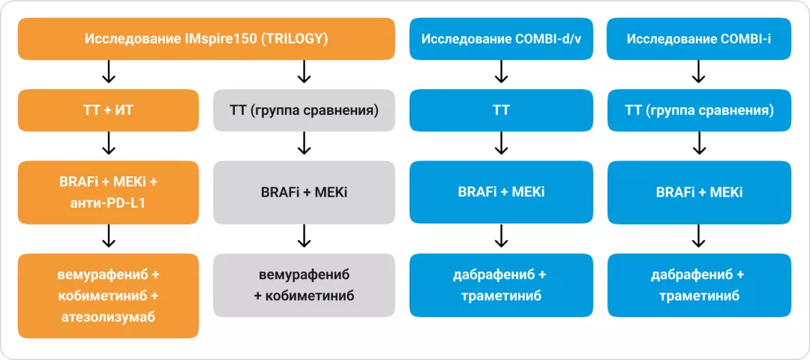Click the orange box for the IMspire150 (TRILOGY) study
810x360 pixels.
tap(206, 39)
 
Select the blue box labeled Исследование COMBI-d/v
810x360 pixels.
tap(502, 39)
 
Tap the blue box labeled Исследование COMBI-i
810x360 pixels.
tap(699, 39)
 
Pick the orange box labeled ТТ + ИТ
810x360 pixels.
tap(108, 110)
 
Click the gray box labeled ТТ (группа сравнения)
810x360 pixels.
tap(304, 110)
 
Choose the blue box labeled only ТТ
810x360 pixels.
tap(502, 110)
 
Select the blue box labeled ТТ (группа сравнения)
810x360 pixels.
tap(699, 110)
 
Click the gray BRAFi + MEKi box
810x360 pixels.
tap(304, 192)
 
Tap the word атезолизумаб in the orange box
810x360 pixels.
tap(108, 317)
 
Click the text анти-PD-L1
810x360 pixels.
tap(108, 202)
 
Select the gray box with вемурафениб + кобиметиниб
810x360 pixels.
tap(304, 284)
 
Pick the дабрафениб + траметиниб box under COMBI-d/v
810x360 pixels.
tap(502, 284)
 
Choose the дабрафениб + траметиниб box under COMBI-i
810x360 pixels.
tap(699, 284)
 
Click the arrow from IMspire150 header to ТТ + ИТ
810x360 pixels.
tap(108, 72)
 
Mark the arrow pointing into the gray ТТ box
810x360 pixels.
tap(304, 72)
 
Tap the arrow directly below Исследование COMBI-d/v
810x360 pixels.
tap(502, 72)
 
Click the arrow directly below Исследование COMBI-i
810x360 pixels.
tap(699, 72)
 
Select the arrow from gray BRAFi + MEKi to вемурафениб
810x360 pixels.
tap(304, 237)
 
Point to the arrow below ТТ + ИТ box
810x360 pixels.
tap(108, 143)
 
